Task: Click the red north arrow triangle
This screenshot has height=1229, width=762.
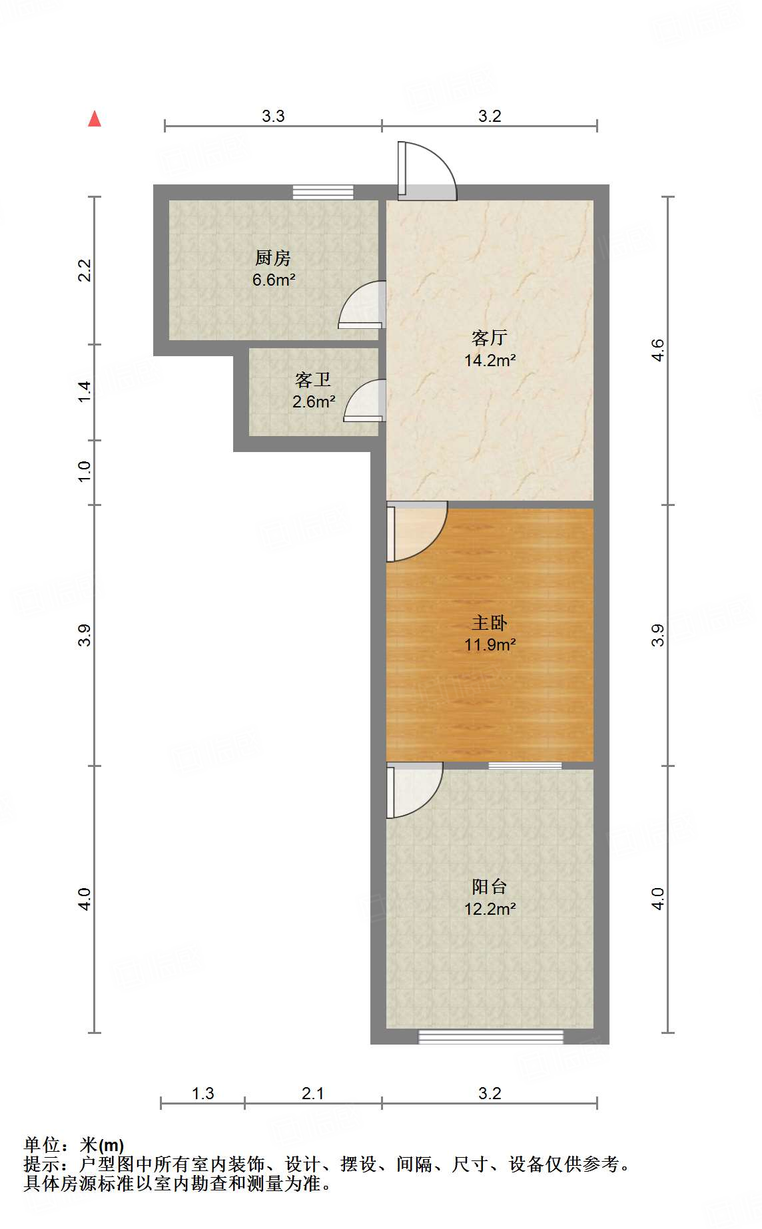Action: click(95, 119)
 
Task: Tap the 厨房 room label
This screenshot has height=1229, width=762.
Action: click(273, 258)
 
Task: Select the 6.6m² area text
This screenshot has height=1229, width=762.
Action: click(273, 280)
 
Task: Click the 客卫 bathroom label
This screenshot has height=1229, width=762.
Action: click(313, 380)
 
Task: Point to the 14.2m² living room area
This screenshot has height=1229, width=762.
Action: click(490, 360)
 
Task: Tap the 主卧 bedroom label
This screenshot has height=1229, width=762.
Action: click(490, 623)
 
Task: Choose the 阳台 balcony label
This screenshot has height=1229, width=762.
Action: click(490, 887)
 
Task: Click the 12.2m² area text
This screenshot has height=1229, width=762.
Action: click(490, 909)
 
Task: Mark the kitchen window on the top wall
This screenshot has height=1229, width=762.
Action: click(323, 192)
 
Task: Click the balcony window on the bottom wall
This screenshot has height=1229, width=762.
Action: click(491, 1037)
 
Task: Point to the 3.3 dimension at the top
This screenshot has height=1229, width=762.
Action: click(273, 117)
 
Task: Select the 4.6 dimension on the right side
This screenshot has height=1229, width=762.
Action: click(657, 350)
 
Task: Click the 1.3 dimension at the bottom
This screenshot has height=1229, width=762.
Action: click(203, 1094)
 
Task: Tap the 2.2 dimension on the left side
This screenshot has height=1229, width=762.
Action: click(85, 270)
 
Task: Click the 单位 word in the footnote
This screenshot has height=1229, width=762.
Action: click(43, 1145)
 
